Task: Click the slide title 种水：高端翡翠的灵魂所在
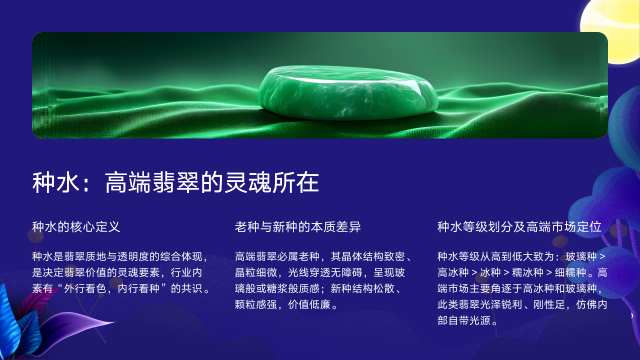tap(175, 182)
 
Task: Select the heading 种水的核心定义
tap(76, 227)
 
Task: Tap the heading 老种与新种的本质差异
tap(297, 227)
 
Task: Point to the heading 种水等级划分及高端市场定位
tap(519, 227)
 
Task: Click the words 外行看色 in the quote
tap(85, 288)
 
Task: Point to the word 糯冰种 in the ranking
tap(527, 272)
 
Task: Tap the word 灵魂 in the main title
tap(247, 182)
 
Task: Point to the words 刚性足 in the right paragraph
tap(549, 304)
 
